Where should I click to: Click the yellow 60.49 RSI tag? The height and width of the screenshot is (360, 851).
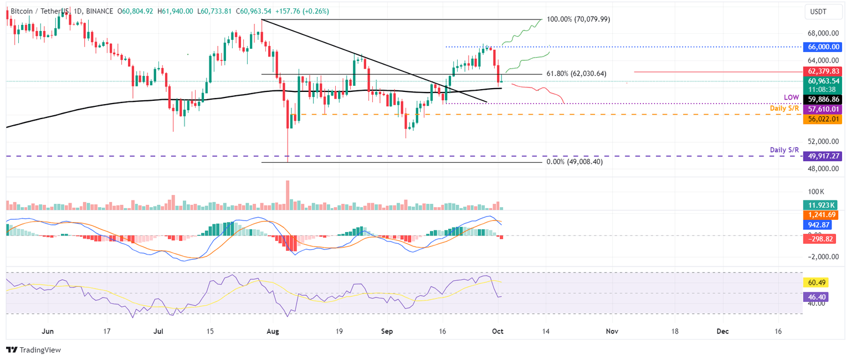click(815, 282)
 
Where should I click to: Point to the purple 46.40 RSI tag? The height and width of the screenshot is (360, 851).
click(815, 297)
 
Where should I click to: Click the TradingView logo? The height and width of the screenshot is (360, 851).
click(33, 350)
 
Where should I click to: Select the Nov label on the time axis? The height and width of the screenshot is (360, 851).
click(611, 331)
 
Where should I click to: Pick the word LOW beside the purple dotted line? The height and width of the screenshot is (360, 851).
click(791, 97)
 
